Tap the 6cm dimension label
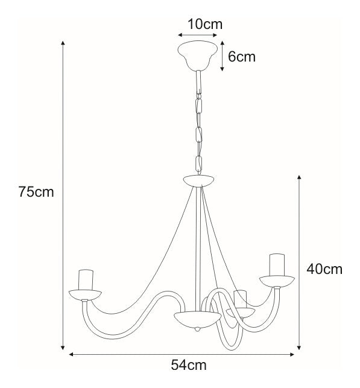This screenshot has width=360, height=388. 242,57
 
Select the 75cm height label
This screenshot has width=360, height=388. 36,192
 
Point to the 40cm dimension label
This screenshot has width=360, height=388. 324,269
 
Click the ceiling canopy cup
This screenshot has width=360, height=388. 197,55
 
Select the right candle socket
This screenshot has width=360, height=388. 277,265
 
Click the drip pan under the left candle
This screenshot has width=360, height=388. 85,294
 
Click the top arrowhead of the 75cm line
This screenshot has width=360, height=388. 63,44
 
